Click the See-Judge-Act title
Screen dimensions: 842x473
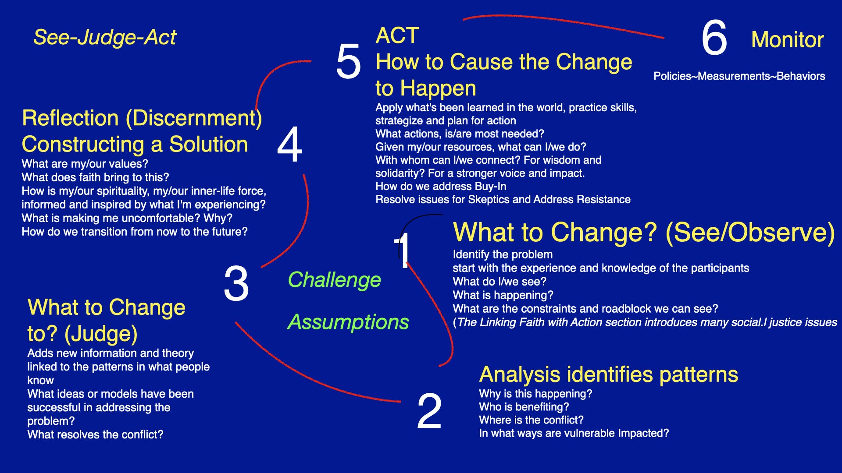click(x=105, y=37)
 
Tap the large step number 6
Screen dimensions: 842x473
click(x=714, y=38)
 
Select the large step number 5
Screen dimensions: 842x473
click(x=349, y=61)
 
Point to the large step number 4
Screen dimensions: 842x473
click(x=289, y=145)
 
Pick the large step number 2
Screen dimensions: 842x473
click(x=429, y=411)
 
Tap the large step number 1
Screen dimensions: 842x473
click(x=402, y=250)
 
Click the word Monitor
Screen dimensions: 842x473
click(x=788, y=39)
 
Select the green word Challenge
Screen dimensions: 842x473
click(x=334, y=280)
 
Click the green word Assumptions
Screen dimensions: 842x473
click(x=348, y=322)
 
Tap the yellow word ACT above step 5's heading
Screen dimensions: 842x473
click(x=397, y=35)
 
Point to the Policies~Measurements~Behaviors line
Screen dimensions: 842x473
click(x=739, y=76)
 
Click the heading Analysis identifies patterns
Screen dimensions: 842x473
click(x=609, y=375)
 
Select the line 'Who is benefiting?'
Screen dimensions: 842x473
click(x=524, y=407)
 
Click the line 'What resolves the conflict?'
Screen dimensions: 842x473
click(x=95, y=434)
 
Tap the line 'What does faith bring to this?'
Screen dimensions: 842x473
click(x=95, y=177)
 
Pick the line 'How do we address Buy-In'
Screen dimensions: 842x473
click(x=441, y=187)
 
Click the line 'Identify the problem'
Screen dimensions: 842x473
click(x=503, y=254)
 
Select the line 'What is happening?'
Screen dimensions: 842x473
click(x=503, y=295)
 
